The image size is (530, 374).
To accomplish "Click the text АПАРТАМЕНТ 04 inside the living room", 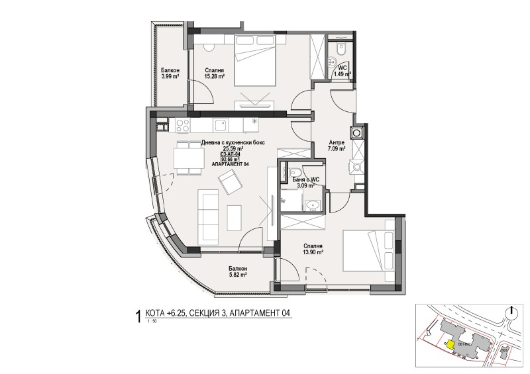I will (230, 164).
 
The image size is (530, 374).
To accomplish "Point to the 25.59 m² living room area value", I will (229, 149).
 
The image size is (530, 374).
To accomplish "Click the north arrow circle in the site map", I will (511, 313).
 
